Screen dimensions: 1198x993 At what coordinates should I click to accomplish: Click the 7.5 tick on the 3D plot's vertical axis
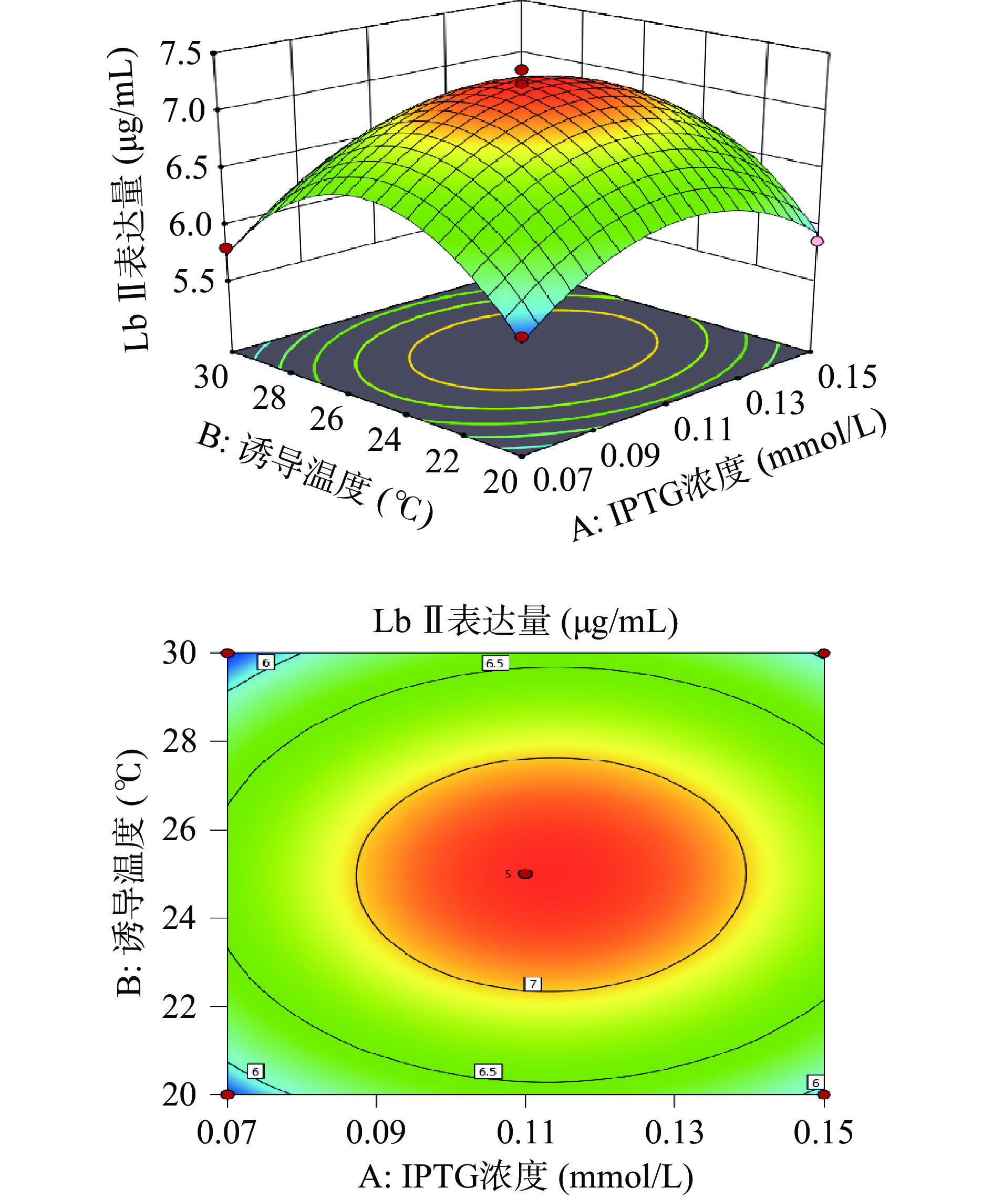[x=181, y=54]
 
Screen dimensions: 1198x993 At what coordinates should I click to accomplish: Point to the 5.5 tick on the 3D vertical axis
[x=193, y=281]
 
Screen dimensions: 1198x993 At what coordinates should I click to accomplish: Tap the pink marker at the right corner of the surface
[x=818, y=241]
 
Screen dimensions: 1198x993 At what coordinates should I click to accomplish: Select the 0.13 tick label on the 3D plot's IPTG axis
[x=774, y=404]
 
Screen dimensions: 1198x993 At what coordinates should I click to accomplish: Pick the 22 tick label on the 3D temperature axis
[x=442, y=461]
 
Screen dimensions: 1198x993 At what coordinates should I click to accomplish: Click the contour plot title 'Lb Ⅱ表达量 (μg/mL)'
[x=525, y=621]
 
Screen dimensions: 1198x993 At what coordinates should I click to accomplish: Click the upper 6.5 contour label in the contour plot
[x=494, y=663]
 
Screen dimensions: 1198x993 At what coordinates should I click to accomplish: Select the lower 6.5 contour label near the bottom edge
[x=488, y=1071]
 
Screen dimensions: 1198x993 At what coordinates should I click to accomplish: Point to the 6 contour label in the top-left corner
[x=266, y=663]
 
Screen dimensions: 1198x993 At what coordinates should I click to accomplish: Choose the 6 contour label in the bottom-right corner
[x=815, y=1082]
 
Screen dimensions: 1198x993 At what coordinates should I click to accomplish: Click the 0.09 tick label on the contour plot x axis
[x=375, y=1132]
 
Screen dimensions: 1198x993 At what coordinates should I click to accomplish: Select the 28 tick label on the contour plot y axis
[x=179, y=741]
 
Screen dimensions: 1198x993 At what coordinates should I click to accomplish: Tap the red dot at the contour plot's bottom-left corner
[x=227, y=1094]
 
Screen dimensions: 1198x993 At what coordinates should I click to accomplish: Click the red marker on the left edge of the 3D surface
[x=226, y=247]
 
